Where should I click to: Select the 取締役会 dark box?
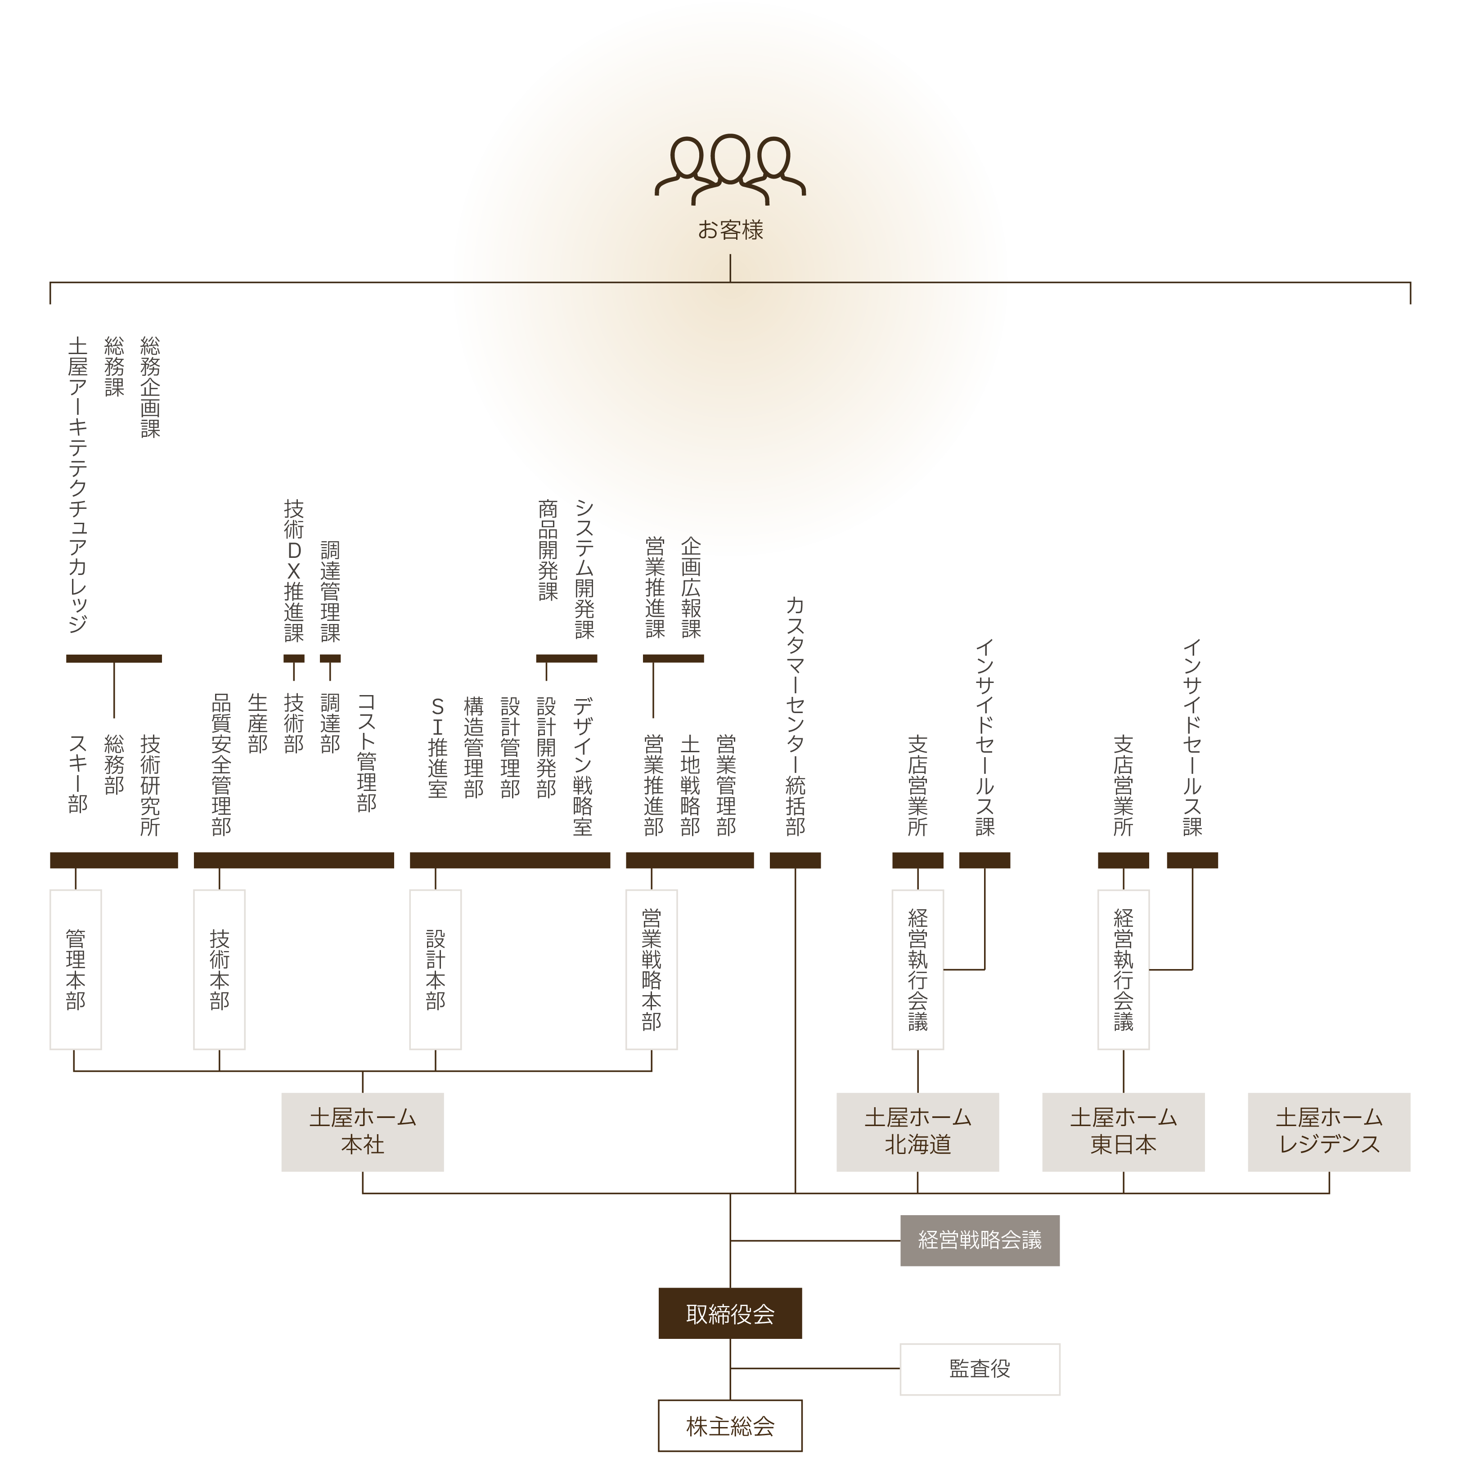(x=730, y=1314)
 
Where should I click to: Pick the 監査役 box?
(x=979, y=1369)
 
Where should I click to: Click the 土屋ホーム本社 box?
(x=362, y=1131)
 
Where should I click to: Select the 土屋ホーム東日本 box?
(x=1123, y=1131)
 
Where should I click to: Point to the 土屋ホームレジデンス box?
(x=1329, y=1131)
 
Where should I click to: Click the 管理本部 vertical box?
(x=75, y=970)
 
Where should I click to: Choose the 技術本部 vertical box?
(x=220, y=970)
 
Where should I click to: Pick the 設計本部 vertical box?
(x=436, y=970)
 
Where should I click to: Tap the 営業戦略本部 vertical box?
(x=651, y=970)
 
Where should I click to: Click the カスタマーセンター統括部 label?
(x=795, y=717)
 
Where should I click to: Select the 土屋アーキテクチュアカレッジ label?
(x=77, y=486)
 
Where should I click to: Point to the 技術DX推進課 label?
(x=294, y=570)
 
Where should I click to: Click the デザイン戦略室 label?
(x=583, y=766)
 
